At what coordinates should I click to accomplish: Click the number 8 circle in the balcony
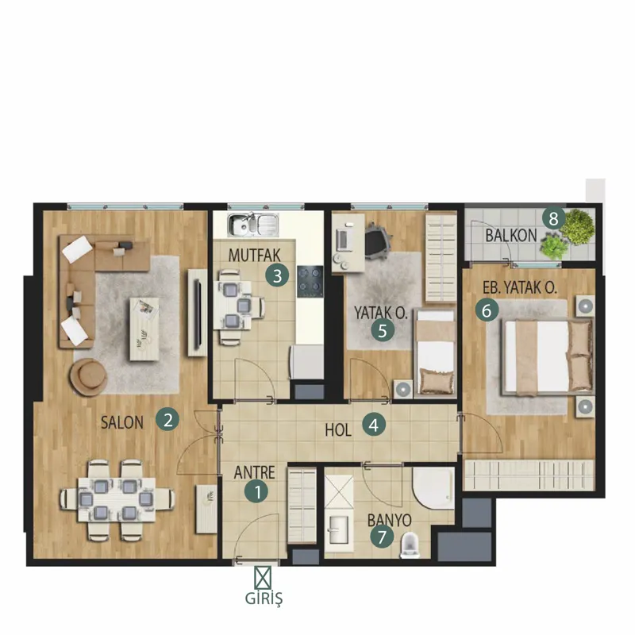click(553, 219)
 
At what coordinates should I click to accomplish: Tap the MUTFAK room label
click(254, 255)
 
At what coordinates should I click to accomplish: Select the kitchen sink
click(252, 225)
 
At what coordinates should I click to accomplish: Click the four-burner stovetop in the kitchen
click(310, 281)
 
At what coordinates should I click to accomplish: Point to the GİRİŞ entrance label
click(264, 598)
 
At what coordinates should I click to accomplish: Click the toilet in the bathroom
click(410, 545)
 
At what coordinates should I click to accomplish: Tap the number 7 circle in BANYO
click(382, 537)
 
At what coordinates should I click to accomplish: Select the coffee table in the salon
click(144, 329)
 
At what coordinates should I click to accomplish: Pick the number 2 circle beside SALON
click(167, 420)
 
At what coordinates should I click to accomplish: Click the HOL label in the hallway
click(338, 430)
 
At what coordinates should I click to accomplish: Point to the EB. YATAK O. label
click(520, 287)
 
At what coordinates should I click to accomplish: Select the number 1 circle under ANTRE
click(256, 491)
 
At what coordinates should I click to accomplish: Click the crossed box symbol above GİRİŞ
click(263, 578)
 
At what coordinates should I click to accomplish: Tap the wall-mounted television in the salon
click(198, 313)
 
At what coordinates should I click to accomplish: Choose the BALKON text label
click(511, 235)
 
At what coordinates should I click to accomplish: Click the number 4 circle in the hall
click(373, 425)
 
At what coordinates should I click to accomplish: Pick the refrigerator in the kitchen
click(306, 362)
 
